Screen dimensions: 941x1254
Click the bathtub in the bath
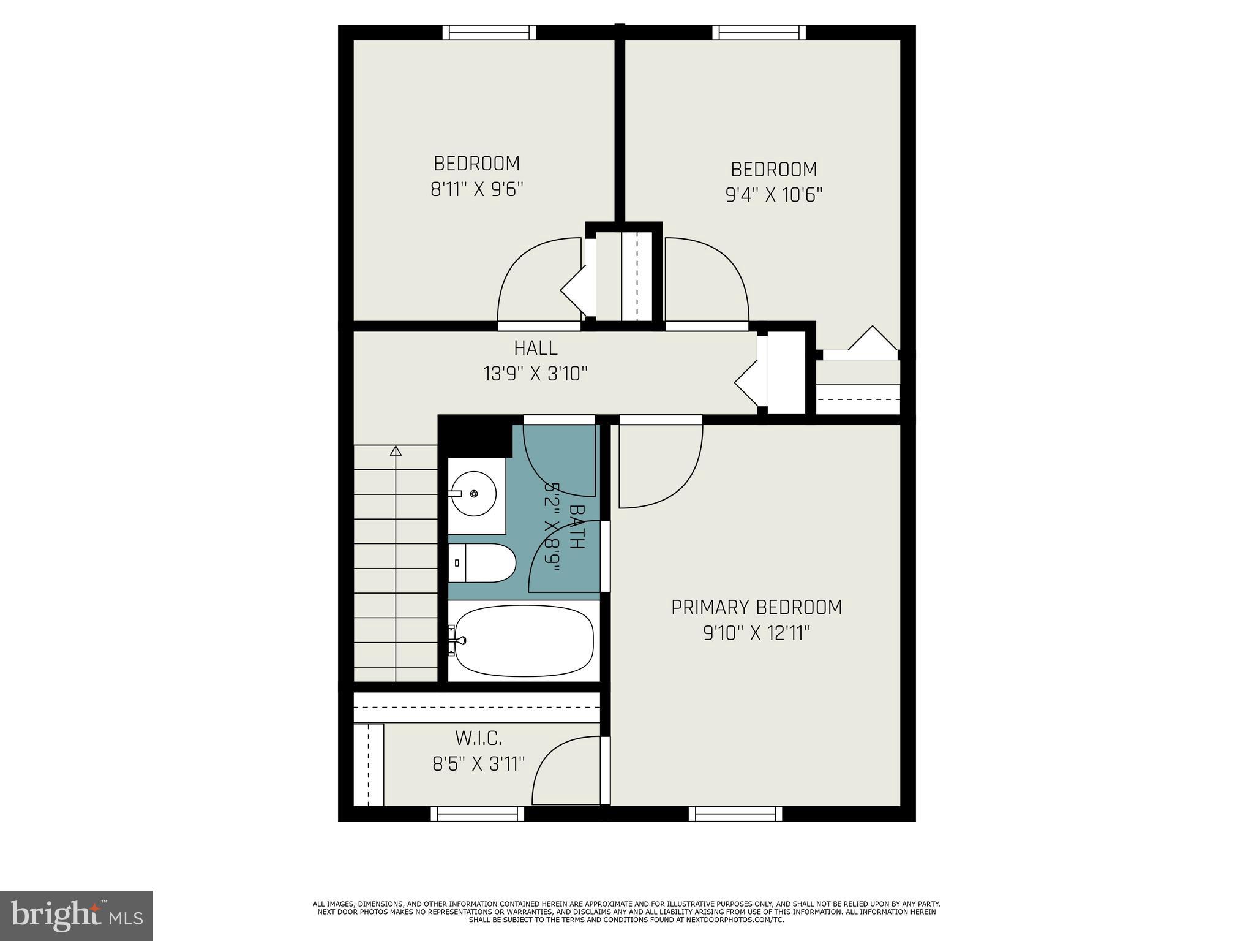tap(524, 641)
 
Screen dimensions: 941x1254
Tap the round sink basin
tap(474, 493)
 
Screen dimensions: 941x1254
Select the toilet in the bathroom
tap(484, 563)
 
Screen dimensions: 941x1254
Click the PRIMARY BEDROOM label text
tap(756, 607)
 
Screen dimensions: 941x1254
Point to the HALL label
tap(535, 348)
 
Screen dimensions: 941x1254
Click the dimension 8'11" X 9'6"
tap(477, 189)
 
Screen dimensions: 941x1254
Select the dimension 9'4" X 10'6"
tap(773, 195)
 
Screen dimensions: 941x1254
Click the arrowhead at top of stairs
tap(396, 452)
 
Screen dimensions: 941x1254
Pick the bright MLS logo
tap(77, 915)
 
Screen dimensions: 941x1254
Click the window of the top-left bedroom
tap(489, 32)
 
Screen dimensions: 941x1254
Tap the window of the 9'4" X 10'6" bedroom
tap(759, 32)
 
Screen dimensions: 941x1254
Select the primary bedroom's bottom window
tap(735, 814)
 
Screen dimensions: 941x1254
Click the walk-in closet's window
tap(478, 814)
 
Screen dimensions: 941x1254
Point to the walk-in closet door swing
tap(563, 772)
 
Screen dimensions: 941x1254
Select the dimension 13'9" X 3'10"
tap(535, 373)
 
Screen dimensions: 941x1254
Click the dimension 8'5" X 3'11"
tap(478, 764)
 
